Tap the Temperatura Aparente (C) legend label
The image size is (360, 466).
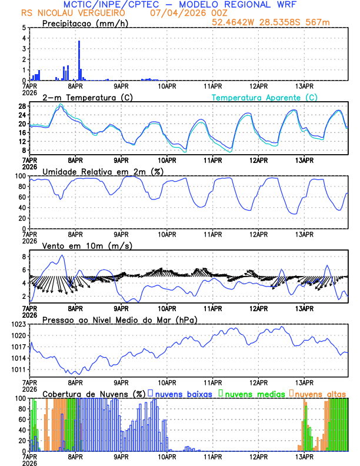click(x=264, y=97)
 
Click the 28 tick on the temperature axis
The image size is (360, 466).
click(x=22, y=106)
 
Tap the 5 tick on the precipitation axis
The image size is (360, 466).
click(x=24, y=28)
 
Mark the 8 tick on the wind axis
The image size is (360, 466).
click(x=24, y=257)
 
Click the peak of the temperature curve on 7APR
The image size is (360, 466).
click(x=60, y=105)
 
